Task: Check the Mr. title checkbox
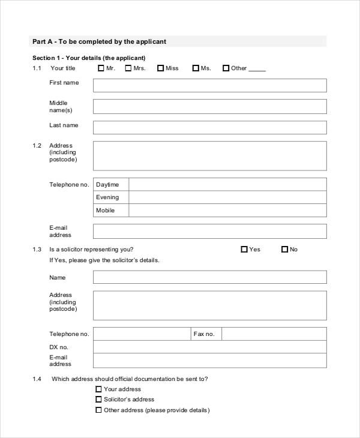tap(101, 68)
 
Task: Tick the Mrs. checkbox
tap(128, 68)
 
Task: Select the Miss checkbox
tap(161, 68)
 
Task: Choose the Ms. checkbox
tap(196, 68)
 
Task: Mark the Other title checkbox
tap(226, 68)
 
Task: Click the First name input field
tap(209, 85)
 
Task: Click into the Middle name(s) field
tap(209, 107)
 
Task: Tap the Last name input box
tap(209, 127)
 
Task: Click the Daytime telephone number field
tap(227, 184)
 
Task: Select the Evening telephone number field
tap(227, 197)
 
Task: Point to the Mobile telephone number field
tap(227, 211)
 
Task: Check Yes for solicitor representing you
tap(244, 250)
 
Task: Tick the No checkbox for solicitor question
tap(284, 250)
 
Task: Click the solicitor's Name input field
tap(209, 277)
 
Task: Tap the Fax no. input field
tap(274, 334)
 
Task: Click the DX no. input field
tap(209, 347)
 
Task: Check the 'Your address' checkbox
tap(98, 389)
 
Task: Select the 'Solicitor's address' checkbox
tap(98, 400)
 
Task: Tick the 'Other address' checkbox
tap(98, 410)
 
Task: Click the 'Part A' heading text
tap(99, 42)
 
